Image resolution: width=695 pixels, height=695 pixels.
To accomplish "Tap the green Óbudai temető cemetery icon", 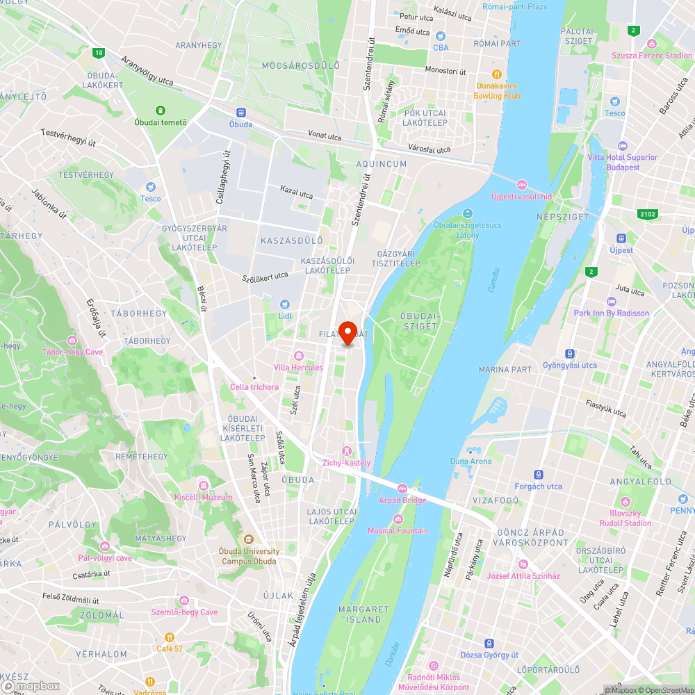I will coord(161,111).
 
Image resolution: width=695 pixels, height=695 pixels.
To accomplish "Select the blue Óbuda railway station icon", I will coord(241,113).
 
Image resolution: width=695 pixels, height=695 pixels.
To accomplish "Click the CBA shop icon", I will coord(441,35).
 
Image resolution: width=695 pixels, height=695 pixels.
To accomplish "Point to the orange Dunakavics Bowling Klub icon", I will coord(496,74).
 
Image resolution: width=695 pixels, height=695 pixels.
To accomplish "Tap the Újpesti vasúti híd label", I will coord(521,196).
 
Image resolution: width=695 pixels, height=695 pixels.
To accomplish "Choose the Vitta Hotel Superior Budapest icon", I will coord(622,146).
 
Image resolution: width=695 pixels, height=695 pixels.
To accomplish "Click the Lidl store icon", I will coord(284,304).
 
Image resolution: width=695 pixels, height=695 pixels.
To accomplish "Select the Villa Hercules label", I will coord(298,367).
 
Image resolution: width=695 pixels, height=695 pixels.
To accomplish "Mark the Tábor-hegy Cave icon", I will coord(72,341).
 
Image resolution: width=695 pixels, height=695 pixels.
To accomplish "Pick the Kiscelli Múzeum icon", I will coord(204,486).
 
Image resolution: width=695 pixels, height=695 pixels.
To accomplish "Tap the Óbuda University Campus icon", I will coord(249,539).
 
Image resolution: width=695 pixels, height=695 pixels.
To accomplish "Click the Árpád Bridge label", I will coord(402,500).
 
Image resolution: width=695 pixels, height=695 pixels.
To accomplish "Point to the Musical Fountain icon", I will coord(398,519).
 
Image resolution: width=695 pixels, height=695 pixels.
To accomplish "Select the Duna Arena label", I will coord(471,461).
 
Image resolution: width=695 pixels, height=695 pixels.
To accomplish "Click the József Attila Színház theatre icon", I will coord(523,564).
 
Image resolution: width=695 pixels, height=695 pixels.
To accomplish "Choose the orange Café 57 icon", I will coord(170,637).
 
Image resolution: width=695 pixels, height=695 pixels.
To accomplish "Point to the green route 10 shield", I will coord(99,52).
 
